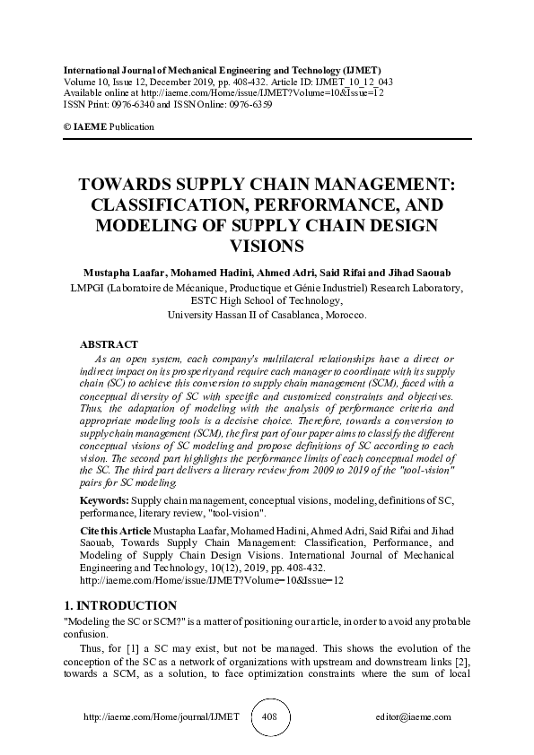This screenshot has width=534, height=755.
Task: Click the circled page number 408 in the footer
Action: tap(268, 717)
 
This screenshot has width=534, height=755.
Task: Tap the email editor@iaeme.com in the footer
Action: tap(415, 718)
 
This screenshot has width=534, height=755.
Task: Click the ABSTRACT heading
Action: tap(109, 344)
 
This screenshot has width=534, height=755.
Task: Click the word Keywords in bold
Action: tap(103, 499)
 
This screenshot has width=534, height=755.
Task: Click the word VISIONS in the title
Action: tap(267, 244)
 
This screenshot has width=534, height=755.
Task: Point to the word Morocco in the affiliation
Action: tap(344, 315)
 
